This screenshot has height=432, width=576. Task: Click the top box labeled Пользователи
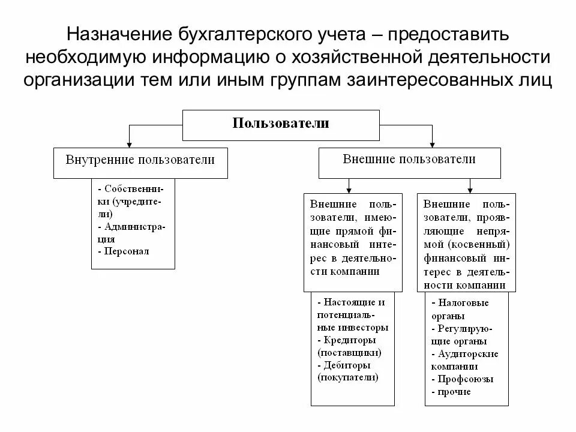coord(281,124)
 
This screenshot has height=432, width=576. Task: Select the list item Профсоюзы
coord(466,379)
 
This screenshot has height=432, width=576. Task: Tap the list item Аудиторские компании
coord(468,354)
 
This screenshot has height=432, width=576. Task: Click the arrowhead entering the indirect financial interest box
coord(471,190)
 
